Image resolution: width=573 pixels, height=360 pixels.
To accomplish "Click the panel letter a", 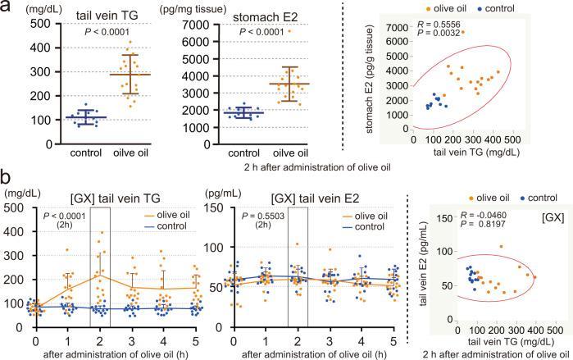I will pyautogui.click(x=7, y=9).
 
